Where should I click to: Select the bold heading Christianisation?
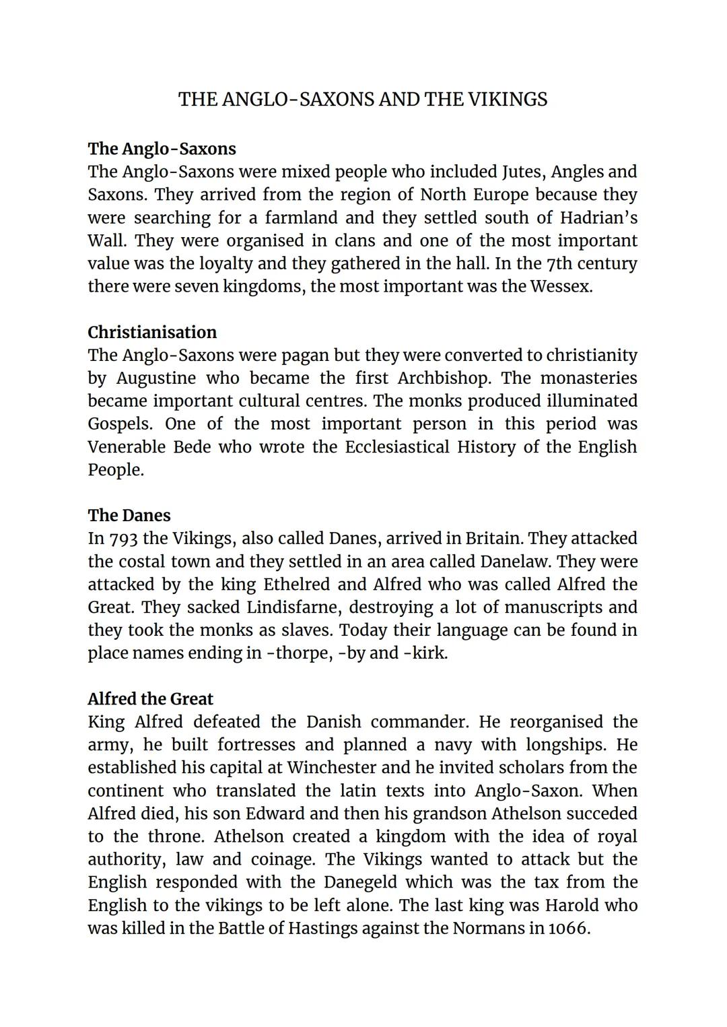click(152, 332)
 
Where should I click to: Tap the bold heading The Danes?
click(129, 515)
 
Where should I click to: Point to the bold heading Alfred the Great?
click(150, 698)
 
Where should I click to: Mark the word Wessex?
click(561, 286)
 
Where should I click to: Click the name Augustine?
click(156, 378)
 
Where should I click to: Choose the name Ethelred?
click(315, 584)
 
